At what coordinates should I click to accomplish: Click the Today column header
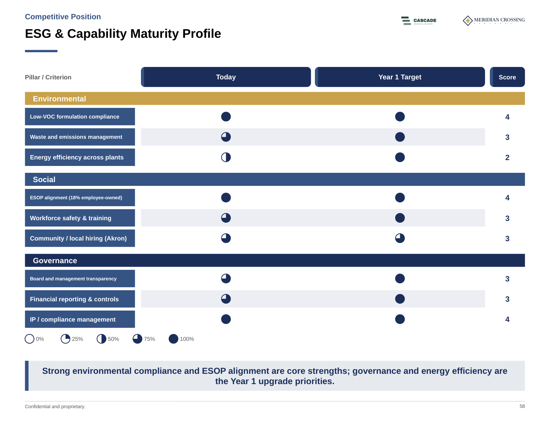coord(226,77)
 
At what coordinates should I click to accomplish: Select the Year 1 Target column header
coord(400,77)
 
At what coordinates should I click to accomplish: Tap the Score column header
coord(507,77)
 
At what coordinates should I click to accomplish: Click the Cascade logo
coord(419,21)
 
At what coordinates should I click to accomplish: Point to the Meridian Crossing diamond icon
coord(468,21)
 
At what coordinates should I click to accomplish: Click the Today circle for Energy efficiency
coord(226,157)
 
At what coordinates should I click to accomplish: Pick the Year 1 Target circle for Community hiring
coord(400,238)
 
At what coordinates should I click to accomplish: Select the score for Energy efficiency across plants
coord(507,158)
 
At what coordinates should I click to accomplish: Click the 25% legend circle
coord(66,339)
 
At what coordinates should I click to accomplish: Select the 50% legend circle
coord(101,339)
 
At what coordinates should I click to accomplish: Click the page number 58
coord(522,406)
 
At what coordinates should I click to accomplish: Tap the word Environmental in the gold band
coord(59,99)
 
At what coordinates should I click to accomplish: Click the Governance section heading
coord(55,260)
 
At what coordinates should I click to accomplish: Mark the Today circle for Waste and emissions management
coord(226,137)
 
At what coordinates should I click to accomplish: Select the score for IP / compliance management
coord(507,320)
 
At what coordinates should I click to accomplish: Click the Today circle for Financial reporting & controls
coord(226,299)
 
